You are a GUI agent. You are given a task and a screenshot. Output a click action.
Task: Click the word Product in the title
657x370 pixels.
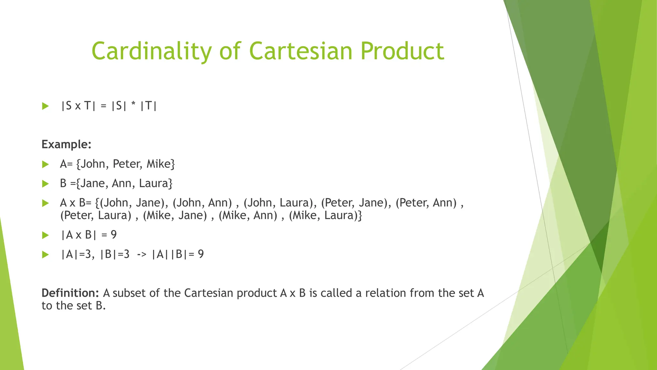[x=402, y=51]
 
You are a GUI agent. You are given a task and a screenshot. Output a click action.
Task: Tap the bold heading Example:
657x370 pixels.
[x=66, y=145]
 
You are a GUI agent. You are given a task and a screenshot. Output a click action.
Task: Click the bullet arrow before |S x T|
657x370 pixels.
[x=45, y=106]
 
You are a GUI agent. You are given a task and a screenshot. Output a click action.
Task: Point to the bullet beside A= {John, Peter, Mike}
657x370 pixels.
[x=45, y=164]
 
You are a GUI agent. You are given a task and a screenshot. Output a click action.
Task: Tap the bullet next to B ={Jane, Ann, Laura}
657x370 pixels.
[x=45, y=184]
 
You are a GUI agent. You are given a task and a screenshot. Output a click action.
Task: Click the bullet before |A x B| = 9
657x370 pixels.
[x=45, y=235]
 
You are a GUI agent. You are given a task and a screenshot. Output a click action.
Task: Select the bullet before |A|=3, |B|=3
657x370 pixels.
[x=45, y=255]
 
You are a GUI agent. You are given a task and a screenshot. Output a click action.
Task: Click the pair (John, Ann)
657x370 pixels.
[x=202, y=203]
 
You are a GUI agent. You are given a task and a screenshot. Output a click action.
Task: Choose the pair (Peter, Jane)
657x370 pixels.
[x=356, y=203]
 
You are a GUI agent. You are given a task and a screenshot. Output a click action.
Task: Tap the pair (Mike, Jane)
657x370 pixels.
[x=175, y=215]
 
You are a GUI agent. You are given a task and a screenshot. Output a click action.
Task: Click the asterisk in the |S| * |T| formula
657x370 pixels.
[x=133, y=105]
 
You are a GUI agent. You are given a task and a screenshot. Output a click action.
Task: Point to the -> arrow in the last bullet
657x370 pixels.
[x=141, y=254]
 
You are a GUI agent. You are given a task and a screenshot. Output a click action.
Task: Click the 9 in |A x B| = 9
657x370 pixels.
[x=114, y=235]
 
